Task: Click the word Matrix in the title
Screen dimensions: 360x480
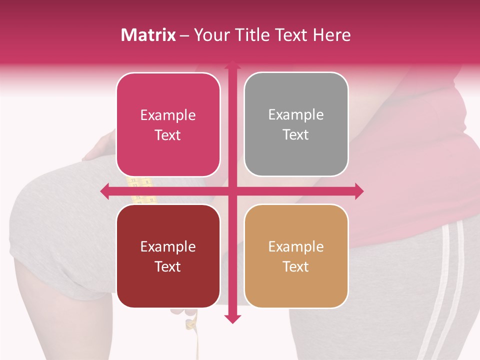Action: [148, 35]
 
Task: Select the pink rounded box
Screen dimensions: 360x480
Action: [168, 124]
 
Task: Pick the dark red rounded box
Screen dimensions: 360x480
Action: [168, 256]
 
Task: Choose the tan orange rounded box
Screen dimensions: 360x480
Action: [296, 256]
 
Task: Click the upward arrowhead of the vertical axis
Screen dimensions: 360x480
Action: [232, 65]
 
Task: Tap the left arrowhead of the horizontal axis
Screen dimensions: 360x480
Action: [104, 191]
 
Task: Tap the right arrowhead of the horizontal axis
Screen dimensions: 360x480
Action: [359, 191]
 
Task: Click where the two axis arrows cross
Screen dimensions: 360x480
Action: [232, 191]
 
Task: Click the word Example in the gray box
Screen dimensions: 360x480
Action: [296, 114]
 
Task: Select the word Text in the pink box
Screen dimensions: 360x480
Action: [168, 135]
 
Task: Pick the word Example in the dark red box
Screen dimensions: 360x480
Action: [168, 246]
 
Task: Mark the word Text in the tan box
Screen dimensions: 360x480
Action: [296, 266]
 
